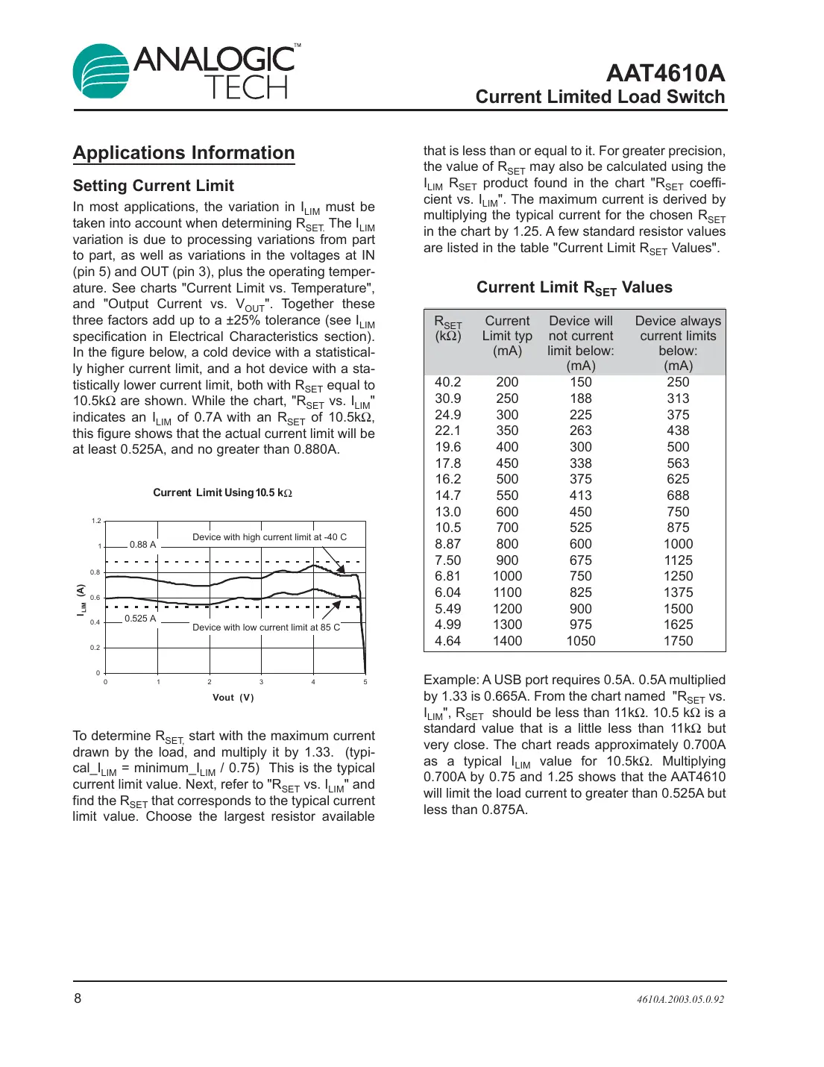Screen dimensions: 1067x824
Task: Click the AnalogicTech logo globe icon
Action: click(101, 72)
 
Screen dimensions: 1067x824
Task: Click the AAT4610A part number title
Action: click(664, 73)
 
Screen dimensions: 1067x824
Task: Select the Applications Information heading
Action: click(183, 153)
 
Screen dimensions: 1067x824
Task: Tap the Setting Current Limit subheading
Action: click(153, 186)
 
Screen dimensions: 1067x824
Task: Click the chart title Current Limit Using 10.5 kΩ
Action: click(222, 492)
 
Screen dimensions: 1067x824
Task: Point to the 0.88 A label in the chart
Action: click(142, 545)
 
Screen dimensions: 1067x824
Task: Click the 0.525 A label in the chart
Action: click(140, 619)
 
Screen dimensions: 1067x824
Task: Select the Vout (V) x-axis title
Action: click(233, 698)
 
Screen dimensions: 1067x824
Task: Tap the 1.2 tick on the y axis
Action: click(96, 521)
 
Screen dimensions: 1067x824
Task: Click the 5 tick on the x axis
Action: click(365, 682)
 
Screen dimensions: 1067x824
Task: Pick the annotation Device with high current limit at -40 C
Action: click(269, 537)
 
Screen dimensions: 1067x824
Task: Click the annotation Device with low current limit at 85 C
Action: click(266, 628)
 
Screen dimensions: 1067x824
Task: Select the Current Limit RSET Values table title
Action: click(574, 288)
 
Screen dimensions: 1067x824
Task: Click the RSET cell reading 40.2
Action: click(447, 382)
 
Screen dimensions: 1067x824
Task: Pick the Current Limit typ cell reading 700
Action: click(507, 528)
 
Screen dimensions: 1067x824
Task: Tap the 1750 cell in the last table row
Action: click(678, 641)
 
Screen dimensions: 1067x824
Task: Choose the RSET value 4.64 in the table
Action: click(447, 641)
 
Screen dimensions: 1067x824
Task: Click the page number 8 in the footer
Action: click(78, 998)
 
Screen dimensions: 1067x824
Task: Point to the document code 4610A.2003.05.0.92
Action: click(680, 1000)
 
